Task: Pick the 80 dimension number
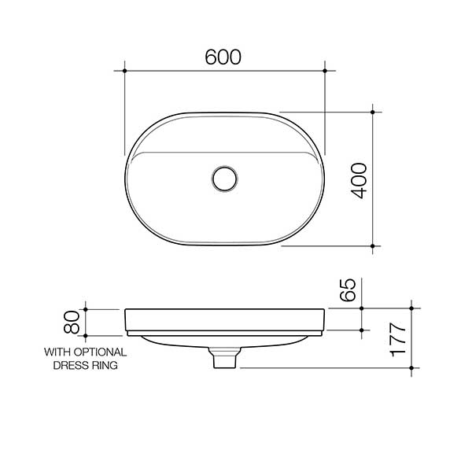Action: (72, 321)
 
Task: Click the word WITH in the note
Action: (57, 352)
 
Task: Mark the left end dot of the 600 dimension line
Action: (125, 72)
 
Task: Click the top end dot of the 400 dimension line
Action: (372, 111)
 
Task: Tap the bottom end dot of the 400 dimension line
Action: (372, 245)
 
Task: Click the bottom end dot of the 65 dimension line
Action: (361, 329)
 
